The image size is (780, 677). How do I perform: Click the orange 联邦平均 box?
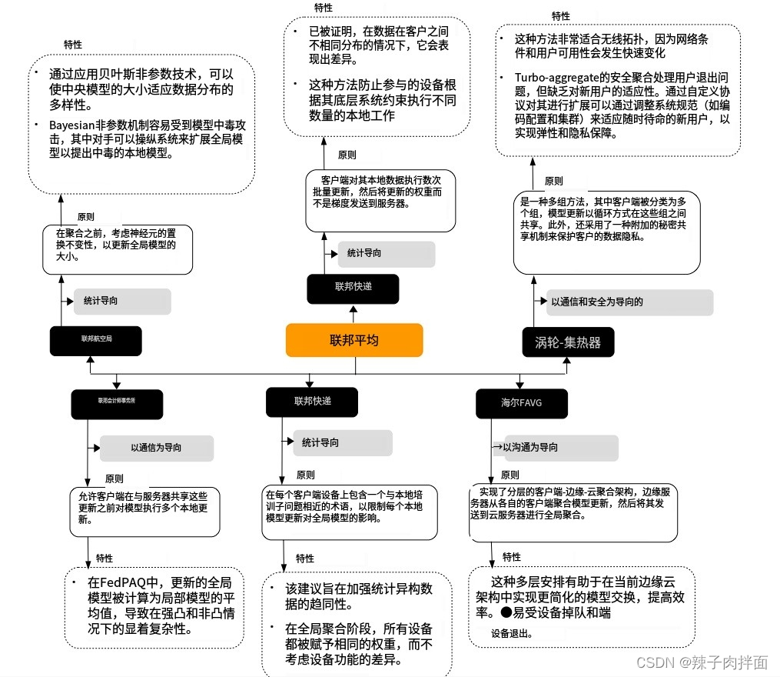(x=354, y=340)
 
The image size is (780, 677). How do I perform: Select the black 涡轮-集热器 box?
(x=569, y=342)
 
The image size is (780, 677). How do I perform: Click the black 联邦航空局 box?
(x=96, y=339)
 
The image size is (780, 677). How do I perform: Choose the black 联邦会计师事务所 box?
(x=117, y=401)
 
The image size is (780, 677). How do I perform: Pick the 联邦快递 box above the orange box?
(x=353, y=288)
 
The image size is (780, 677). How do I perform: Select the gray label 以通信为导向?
(x=156, y=448)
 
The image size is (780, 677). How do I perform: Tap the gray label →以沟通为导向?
(x=554, y=447)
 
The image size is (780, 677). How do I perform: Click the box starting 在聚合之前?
(x=117, y=248)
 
